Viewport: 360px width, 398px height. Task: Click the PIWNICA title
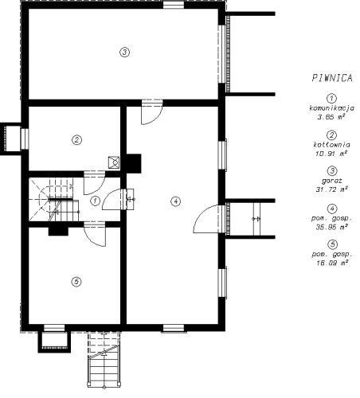[332, 78]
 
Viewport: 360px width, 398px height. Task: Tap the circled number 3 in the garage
[124, 52]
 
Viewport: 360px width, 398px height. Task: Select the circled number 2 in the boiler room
[76, 139]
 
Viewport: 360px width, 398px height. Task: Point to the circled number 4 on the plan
[175, 201]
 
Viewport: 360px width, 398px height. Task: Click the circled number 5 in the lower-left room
[76, 282]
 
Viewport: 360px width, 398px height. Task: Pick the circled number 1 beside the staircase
[95, 201]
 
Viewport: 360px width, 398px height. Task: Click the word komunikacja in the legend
[332, 108]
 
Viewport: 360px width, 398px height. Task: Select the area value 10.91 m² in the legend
[331, 153]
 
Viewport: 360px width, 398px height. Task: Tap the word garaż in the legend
[332, 181]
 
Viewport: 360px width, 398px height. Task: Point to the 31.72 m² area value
[332, 189]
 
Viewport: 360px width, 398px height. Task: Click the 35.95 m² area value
[332, 227]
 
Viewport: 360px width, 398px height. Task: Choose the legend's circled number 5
[332, 244]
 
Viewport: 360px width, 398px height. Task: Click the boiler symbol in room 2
[114, 162]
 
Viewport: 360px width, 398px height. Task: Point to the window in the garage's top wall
[174, 5]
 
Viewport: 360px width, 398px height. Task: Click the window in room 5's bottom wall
[54, 328]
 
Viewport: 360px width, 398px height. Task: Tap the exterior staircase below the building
[104, 359]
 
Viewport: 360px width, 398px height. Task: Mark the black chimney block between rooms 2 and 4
[134, 163]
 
